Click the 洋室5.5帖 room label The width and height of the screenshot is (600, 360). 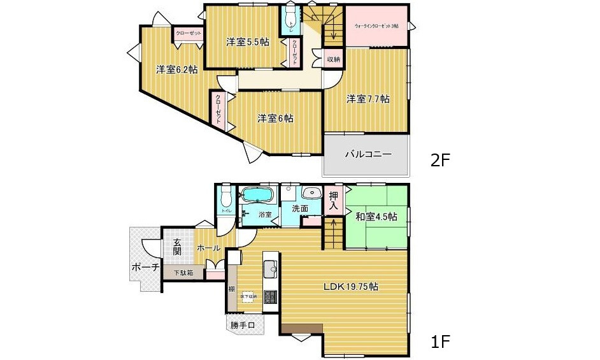click(247, 43)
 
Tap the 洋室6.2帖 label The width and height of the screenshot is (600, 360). click(177, 70)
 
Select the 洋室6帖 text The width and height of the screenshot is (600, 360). click(275, 118)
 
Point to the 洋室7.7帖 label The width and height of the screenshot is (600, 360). click(368, 99)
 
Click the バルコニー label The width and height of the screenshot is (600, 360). click(368, 154)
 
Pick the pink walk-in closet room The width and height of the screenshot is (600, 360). click(376, 26)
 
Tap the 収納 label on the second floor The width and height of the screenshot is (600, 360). click(333, 59)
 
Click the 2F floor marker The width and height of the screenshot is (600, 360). click(440, 161)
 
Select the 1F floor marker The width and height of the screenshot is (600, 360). click(440, 342)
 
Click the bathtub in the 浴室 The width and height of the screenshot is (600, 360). click(257, 194)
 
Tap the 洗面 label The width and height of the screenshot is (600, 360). click(300, 208)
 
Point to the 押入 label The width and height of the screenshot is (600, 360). click(334, 201)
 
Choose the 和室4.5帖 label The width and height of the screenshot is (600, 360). click(376, 217)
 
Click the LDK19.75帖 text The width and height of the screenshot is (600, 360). click(350, 287)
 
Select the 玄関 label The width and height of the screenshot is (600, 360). click(177, 247)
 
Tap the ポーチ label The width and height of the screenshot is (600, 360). click(145, 268)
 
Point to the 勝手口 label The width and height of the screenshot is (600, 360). click(243, 326)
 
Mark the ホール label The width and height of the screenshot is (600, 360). click(208, 248)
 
